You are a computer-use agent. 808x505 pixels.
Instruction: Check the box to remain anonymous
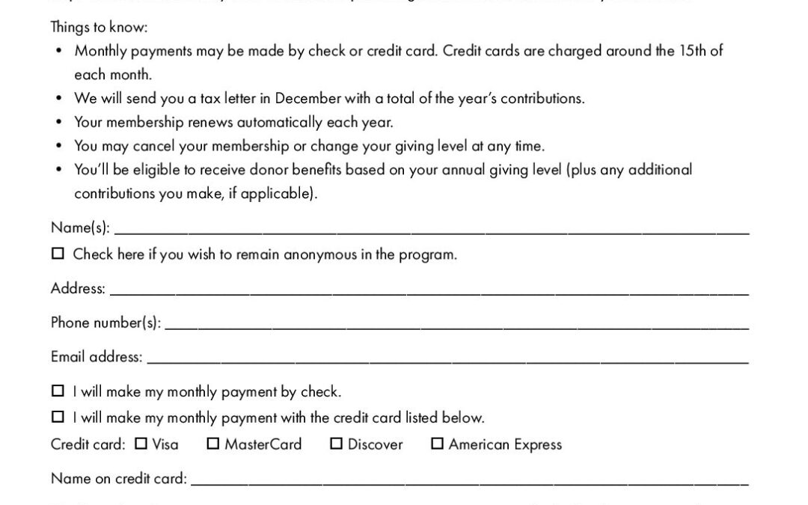pos(58,254)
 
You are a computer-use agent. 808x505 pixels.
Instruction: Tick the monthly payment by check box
pos(58,391)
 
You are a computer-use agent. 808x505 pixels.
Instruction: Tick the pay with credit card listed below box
pos(58,417)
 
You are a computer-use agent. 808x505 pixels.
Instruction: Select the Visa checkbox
pos(141,444)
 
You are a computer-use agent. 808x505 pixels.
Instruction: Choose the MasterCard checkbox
pos(213,444)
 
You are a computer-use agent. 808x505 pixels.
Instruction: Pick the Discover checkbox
pos(337,444)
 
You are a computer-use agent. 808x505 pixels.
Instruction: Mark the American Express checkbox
pos(438,444)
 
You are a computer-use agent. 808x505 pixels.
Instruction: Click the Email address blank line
pos(447,360)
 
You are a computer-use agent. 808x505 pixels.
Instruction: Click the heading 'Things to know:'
pos(99,28)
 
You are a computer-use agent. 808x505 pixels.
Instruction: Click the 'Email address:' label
pos(97,357)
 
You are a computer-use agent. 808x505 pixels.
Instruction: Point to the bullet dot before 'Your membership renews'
pos(59,122)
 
